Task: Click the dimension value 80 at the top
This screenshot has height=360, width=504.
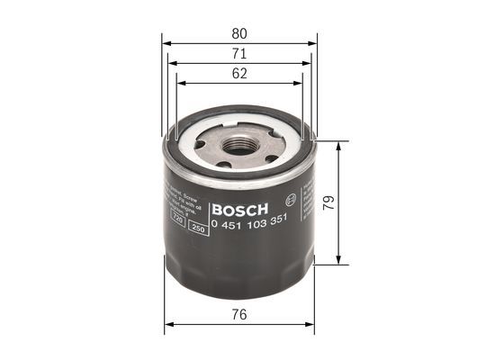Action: pyautogui.click(x=239, y=33)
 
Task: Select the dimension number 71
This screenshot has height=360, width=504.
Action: pyautogui.click(x=239, y=54)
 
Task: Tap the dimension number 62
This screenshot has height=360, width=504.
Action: pyautogui.click(x=239, y=74)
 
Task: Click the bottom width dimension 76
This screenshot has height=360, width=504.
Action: pyautogui.click(x=239, y=315)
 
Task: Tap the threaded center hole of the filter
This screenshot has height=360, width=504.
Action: pyautogui.click(x=238, y=144)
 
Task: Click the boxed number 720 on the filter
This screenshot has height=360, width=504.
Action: pyautogui.click(x=178, y=219)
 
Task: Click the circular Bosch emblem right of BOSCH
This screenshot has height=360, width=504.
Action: pyautogui.click(x=290, y=200)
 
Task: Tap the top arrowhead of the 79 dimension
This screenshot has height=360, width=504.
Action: pyautogui.click(x=339, y=145)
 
